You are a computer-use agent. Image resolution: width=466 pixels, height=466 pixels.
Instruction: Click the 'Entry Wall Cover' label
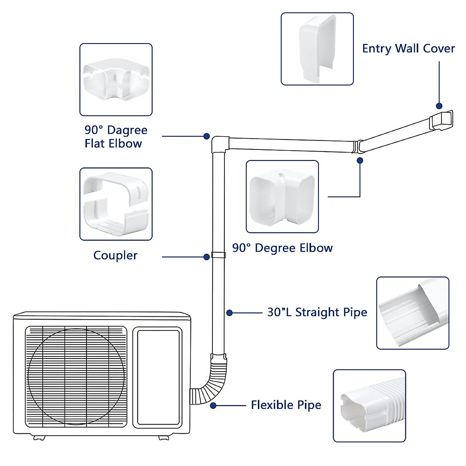tap(408, 49)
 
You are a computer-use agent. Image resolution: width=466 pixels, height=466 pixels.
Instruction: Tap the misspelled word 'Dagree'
tap(127, 130)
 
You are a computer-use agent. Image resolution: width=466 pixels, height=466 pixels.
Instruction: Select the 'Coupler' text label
tap(115, 256)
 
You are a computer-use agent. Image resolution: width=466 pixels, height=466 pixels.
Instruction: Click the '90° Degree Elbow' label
tap(282, 248)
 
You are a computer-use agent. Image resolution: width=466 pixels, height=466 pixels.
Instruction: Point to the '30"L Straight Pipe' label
tap(317, 312)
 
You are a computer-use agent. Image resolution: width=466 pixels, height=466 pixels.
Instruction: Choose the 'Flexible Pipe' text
tap(286, 405)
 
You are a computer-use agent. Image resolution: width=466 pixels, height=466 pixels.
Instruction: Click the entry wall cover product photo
tap(317, 49)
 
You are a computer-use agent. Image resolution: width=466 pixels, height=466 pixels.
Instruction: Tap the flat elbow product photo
tap(116, 80)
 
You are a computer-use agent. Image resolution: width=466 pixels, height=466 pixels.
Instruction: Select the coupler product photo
tap(116, 204)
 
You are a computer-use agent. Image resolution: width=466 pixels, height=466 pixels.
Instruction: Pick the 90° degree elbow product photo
tap(282, 197)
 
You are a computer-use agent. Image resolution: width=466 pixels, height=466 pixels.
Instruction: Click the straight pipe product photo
tap(412, 313)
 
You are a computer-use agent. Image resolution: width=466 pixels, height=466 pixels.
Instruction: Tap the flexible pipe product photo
tap(369, 406)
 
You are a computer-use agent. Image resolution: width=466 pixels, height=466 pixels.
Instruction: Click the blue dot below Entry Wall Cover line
tap(439, 106)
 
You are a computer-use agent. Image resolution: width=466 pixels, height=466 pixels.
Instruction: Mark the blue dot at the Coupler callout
tap(207, 257)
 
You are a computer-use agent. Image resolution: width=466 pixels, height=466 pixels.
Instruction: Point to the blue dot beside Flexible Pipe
tap(213, 405)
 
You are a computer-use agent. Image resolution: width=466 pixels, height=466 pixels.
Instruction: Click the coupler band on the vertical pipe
tap(218, 256)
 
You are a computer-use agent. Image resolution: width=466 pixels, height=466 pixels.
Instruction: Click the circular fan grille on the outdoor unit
tap(77, 377)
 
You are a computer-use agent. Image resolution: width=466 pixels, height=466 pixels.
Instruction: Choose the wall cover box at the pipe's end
tap(441, 120)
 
